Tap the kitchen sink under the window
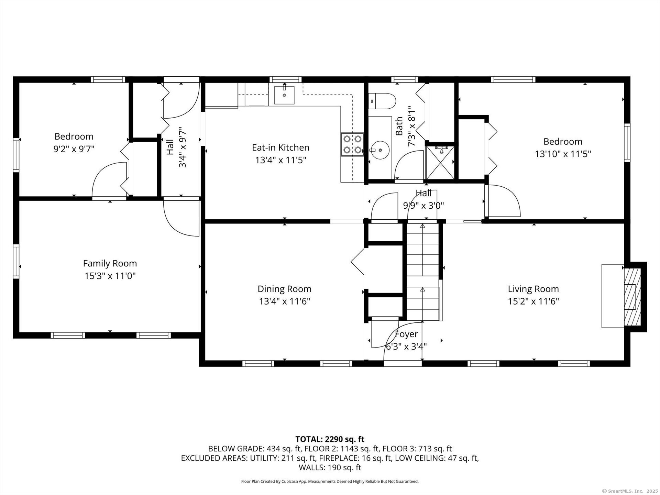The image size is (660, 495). (284, 95)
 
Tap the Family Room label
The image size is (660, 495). (110, 263)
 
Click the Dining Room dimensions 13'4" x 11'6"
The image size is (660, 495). (285, 301)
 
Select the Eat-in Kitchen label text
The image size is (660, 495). (280, 147)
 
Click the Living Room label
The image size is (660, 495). (533, 289)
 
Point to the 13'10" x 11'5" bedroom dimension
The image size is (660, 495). (563, 154)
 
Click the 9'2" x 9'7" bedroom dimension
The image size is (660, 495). (74, 149)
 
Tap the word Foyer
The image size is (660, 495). (406, 334)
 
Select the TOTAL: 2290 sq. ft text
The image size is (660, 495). (330, 439)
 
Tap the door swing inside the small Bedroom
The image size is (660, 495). (108, 179)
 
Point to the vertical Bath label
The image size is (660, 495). (399, 126)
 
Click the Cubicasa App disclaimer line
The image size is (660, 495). (330, 482)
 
